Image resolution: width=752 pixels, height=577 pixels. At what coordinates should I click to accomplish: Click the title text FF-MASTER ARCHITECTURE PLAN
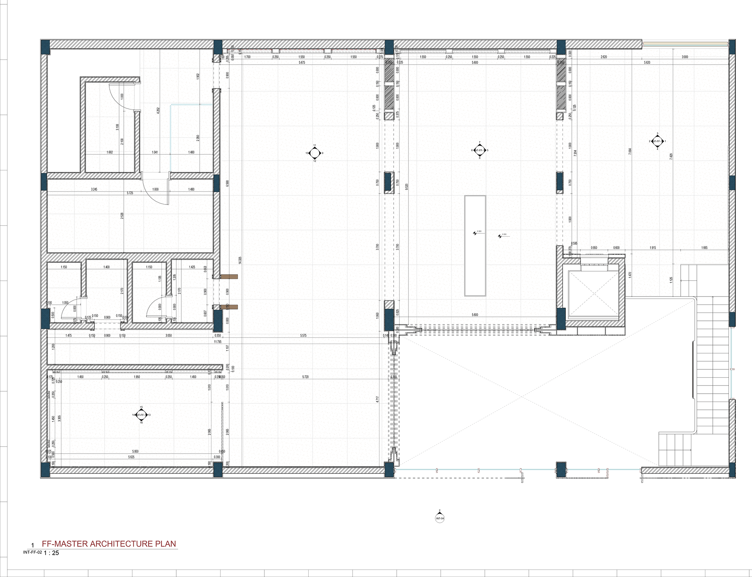[109, 544]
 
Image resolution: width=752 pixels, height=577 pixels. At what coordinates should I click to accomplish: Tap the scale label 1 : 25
[51, 553]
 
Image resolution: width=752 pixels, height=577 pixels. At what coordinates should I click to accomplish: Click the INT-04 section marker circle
[440, 518]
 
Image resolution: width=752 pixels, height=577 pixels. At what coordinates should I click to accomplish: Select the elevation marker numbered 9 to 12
[315, 153]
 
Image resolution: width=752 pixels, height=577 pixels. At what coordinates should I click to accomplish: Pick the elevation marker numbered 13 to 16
[141, 415]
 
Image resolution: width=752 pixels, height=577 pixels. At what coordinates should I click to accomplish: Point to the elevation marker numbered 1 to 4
[657, 141]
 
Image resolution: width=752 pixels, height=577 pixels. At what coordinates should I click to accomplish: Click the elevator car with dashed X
[593, 293]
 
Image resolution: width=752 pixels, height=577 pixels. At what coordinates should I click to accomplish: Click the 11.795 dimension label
[218, 342]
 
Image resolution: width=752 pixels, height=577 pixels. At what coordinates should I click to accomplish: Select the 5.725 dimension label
[130, 193]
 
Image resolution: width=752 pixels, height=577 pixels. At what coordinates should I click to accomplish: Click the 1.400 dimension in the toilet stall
[107, 267]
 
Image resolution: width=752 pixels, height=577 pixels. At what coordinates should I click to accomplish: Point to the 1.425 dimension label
[192, 267]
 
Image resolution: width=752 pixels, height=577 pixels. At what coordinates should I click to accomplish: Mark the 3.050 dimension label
[168, 336]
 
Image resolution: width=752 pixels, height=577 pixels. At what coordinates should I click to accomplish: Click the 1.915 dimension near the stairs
[653, 248]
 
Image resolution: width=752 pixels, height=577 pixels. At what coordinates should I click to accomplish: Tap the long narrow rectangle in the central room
[475, 246]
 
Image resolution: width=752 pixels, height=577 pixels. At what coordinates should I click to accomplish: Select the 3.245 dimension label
[94, 189]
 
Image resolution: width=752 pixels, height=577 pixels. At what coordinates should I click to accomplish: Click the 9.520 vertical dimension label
[407, 186]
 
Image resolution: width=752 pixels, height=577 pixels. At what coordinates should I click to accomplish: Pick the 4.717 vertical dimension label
[377, 399]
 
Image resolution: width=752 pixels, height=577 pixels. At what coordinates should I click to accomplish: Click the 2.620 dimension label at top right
[604, 57]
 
